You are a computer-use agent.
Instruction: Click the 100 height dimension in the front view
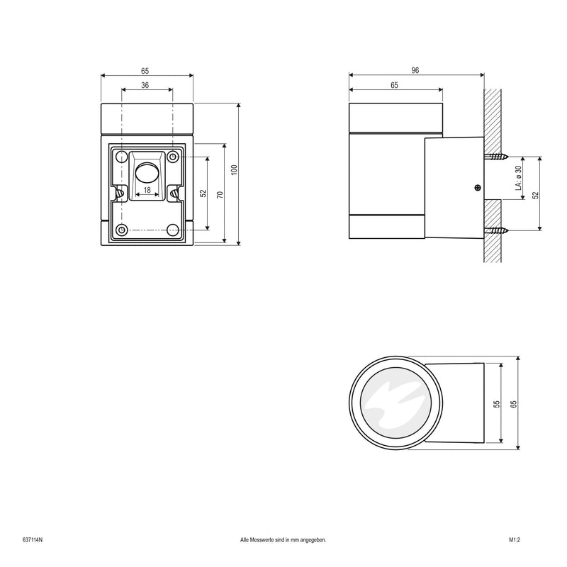click(x=233, y=170)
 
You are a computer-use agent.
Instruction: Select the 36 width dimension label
click(x=145, y=85)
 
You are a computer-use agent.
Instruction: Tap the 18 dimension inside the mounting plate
click(x=147, y=190)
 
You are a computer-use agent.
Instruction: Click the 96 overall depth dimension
click(x=416, y=70)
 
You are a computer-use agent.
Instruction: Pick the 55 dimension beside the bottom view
click(x=497, y=403)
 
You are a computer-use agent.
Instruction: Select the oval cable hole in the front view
click(x=147, y=172)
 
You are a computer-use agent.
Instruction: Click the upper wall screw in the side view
click(x=496, y=157)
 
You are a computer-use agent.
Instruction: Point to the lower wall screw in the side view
click(x=496, y=230)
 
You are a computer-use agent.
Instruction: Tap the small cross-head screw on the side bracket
click(x=477, y=188)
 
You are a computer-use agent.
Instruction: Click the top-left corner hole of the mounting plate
click(x=122, y=156)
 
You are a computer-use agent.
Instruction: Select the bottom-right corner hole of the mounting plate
click(x=172, y=230)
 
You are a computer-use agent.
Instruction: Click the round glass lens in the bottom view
click(x=398, y=403)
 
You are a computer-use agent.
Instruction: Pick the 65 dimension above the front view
click(x=145, y=71)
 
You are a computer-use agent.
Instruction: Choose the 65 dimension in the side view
click(x=395, y=85)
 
